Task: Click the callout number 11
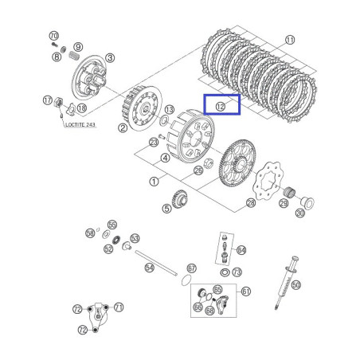click(x=290, y=39)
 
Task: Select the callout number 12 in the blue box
click(x=221, y=105)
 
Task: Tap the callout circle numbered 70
click(x=53, y=37)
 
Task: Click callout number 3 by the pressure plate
click(x=109, y=57)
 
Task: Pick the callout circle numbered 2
click(x=123, y=127)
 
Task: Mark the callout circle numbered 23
click(x=152, y=143)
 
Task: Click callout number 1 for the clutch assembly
click(x=152, y=181)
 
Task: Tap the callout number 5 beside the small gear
click(x=166, y=209)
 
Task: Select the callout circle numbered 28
click(x=251, y=204)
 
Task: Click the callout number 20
click(x=299, y=213)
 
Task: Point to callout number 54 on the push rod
click(x=150, y=268)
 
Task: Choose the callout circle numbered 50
click(x=296, y=284)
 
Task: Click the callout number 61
click(x=245, y=292)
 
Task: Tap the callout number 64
click(x=241, y=249)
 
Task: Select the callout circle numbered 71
click(x=119, y=306)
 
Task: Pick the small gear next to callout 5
click(x=181, y=200)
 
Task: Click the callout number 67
click(x=191, y=268)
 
